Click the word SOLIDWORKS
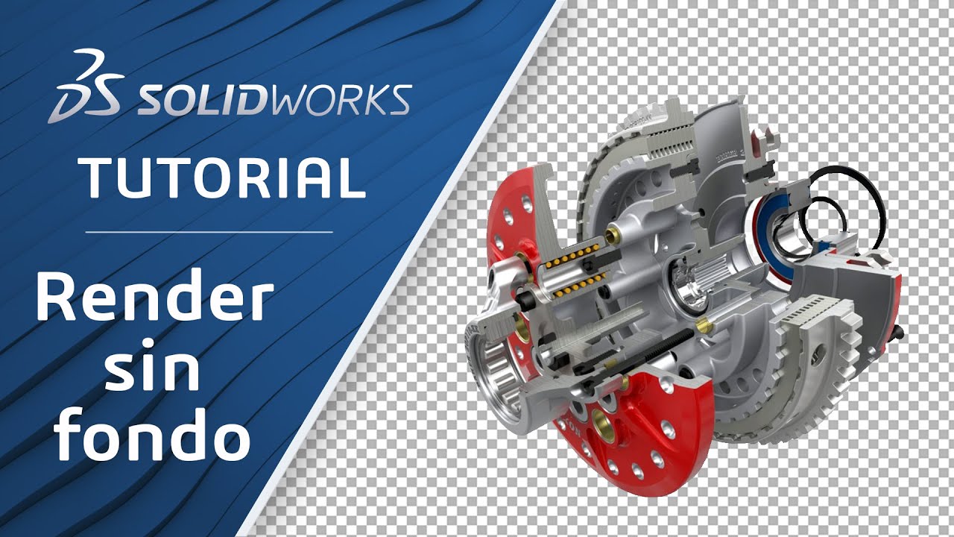tap(272, 100)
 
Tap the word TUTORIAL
tap(223, 177)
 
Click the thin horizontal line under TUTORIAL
tap(209, 232)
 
